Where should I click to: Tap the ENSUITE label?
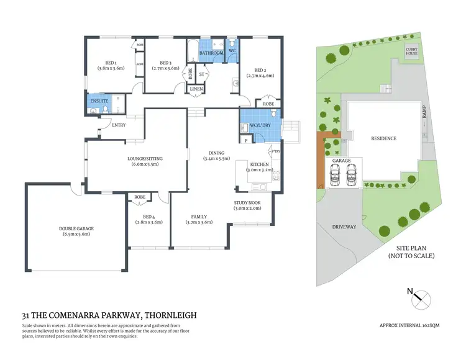click(99, 100)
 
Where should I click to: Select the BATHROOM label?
click(211, 53)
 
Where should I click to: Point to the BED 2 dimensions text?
click(260, 75)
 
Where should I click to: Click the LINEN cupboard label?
click(196, 89)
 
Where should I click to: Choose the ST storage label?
click(202, 74)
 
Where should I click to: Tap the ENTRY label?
click(118, 125)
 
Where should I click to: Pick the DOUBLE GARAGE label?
click(76, 229)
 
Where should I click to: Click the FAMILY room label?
click(199, 217)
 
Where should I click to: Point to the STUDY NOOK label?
click(247, 203)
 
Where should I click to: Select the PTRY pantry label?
click(275, 151)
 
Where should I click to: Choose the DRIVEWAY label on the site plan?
click(344, 227)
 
